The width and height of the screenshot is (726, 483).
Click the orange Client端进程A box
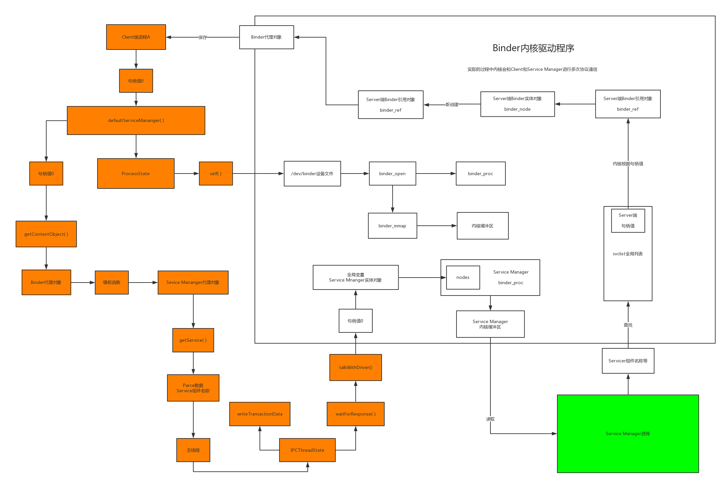136,37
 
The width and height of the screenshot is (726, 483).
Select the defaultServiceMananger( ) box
136,120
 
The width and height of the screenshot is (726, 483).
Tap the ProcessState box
136,174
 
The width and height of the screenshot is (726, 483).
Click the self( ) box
216,174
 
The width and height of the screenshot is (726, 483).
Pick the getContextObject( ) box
46,234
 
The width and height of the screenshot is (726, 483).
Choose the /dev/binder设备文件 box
312,174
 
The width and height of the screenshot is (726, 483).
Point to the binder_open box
392,174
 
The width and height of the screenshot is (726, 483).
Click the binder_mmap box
392,226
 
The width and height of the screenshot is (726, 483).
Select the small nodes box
463,277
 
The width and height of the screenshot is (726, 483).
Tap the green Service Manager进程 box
628,433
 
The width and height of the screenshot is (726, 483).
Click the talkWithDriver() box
355,367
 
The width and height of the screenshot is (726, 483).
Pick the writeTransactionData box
260,414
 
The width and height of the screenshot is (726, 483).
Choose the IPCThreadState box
307,450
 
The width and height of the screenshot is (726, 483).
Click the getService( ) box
193,340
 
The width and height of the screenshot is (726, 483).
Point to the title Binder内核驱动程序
533,48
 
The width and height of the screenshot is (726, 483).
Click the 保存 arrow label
203,38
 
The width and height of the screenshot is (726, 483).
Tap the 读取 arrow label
490,419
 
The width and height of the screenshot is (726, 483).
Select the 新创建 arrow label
452,105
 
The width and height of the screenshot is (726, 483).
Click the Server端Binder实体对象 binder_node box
517,104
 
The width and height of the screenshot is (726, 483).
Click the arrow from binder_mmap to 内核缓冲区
437,226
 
